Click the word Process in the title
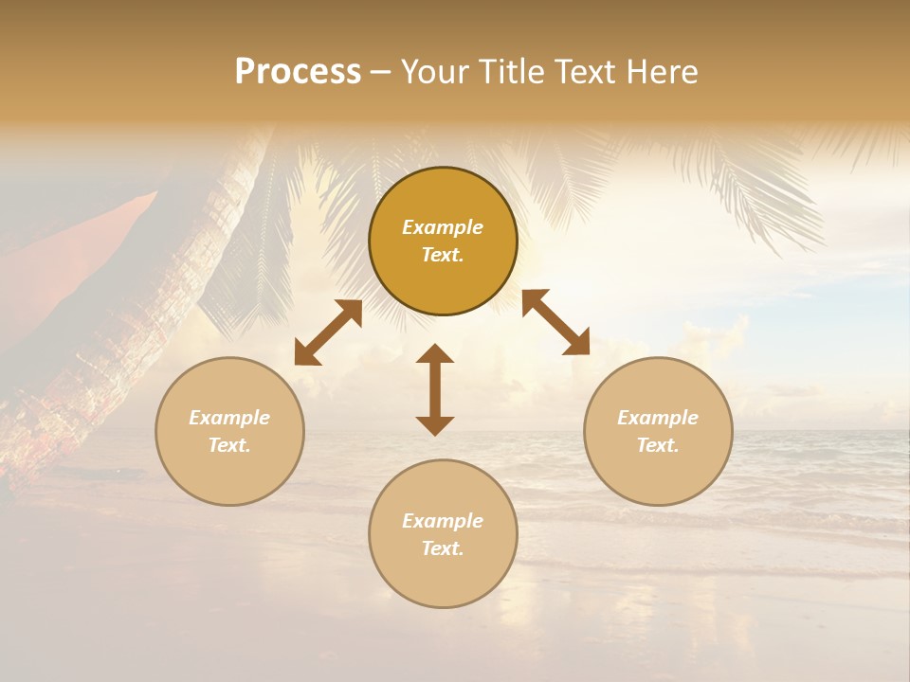298,72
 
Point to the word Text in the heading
584,72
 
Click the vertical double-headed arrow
435,389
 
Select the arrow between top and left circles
328,332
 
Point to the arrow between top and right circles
556,322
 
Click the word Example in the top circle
443,227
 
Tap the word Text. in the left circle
229,445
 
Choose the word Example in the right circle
658,418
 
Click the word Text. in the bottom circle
443,548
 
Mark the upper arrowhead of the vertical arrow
435,353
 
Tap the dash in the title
380,72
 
